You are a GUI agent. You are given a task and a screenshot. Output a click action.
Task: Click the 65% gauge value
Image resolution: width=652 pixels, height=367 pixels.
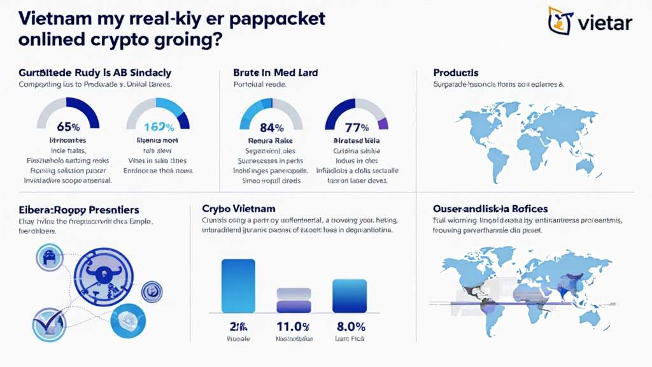pos(68,127)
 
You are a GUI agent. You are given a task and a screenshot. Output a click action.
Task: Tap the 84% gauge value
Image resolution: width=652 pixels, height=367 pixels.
pos(271,127)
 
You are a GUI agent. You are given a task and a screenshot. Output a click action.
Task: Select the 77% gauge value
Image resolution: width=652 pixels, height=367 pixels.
pos(357,127)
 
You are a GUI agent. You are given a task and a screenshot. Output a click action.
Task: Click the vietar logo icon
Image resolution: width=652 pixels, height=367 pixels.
pos(560,20)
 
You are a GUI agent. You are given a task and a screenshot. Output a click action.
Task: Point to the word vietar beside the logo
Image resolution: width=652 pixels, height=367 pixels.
pos(605,23)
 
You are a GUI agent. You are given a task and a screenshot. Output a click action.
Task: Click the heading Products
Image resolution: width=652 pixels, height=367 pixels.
pos(456,73)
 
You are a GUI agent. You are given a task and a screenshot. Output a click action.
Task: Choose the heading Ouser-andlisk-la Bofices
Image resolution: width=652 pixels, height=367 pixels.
pos(490,208)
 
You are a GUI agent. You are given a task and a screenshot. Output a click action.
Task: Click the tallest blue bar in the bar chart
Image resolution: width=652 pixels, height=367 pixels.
pos(237,285)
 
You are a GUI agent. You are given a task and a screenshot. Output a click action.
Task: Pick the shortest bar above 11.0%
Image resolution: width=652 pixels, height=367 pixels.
pos(294,300)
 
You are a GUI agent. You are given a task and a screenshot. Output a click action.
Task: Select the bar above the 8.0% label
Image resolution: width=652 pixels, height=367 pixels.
pos(350,295)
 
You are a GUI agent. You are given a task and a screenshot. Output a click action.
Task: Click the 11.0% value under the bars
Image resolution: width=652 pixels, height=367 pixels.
pos(294,327)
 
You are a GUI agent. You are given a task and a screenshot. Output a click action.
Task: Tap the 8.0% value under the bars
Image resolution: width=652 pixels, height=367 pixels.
pos(350,327)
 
